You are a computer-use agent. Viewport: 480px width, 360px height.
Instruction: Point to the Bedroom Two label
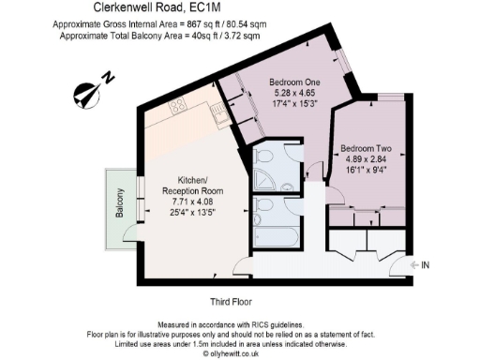point(365,148)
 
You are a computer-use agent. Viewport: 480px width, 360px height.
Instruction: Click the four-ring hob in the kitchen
point(178,109)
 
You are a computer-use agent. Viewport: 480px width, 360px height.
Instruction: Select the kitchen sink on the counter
point(217,117)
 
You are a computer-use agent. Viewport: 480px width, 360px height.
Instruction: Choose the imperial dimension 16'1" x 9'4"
point(365,171)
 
